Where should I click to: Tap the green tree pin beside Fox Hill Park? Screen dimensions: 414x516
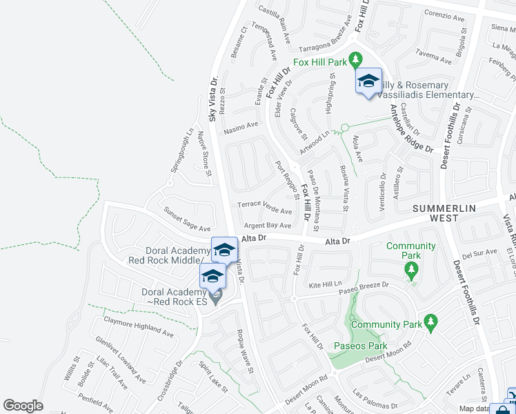tap(356, 61)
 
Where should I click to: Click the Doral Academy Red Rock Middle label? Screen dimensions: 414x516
tap(169, 255)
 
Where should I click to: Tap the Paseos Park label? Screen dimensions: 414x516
tap(360, 346)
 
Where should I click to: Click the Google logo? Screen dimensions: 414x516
tap(23, 406)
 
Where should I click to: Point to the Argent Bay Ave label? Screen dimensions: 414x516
tap(268, 226)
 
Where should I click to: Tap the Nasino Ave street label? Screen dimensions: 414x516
tap(241, 128)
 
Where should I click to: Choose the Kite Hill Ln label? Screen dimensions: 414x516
tap(326, 284)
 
